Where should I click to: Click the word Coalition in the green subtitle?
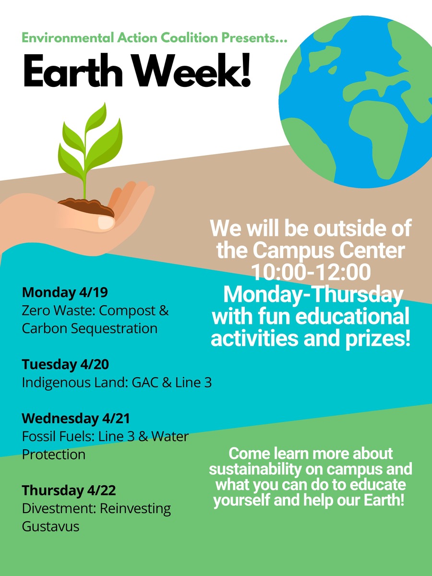[189, 37]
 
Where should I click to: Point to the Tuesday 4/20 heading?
[65, 364]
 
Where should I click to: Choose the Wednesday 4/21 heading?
[76, 418]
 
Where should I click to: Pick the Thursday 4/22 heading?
[69, 490]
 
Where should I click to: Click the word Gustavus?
[50, 526]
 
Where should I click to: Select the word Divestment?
[60, 508]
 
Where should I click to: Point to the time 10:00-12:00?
[311, 272]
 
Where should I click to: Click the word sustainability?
[255, 469]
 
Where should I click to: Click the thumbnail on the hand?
[106, 223]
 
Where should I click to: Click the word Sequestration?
[114, 328]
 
